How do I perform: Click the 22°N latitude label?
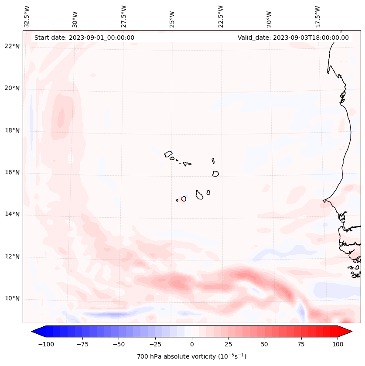coord(12,46)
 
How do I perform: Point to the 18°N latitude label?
coord(12,130)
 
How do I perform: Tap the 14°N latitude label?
coord(12,214)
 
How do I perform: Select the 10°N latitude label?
coord(12,298)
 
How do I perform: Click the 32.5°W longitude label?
coord(27,17)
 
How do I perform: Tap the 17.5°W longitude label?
coord(317,17)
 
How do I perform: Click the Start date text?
coord(84,38)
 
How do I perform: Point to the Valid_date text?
coord(293,38)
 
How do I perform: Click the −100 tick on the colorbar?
coord(46,344)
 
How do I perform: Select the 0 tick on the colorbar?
coord(192,344)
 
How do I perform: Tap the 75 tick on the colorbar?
coord(301,344)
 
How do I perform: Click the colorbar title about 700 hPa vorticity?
coord(192,356)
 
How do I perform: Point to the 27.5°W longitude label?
coord(124,17)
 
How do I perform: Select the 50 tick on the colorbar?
coord(265,344)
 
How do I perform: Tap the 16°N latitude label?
coord(12,172)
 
